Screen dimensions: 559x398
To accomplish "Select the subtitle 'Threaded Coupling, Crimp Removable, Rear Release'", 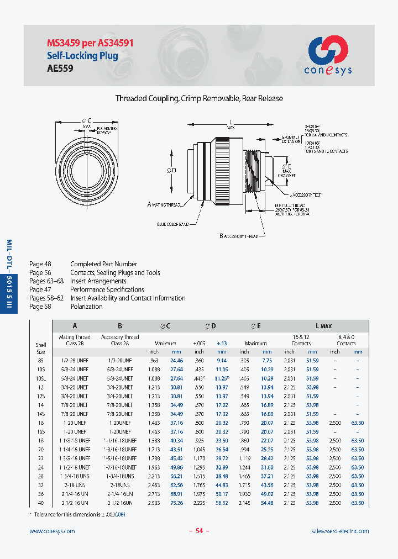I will click(x=199, y=98).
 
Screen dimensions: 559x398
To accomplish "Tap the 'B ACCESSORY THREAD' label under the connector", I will click(x=239, y=236).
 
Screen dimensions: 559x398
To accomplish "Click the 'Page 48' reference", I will click(x=40, y=264).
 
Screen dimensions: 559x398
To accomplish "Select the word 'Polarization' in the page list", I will click(x=86, y=307).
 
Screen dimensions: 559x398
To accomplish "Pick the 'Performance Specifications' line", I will click(x=107, y=289).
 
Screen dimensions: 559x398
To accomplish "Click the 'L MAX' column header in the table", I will click(x=323, y=326).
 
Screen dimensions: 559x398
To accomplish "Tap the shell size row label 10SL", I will click(x=40, y=378).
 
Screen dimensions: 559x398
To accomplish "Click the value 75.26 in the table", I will click(x=176, y=503).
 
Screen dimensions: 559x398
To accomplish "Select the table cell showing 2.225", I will click(x=199, y=503).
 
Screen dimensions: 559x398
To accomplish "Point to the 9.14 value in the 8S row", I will click(x=221, y=361).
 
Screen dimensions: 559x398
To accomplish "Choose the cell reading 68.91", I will click(x=176, y=494).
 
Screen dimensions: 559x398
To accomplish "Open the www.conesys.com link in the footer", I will click(x=51, y=531).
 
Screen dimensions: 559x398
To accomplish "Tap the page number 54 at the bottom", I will click(x=199, y=531).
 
